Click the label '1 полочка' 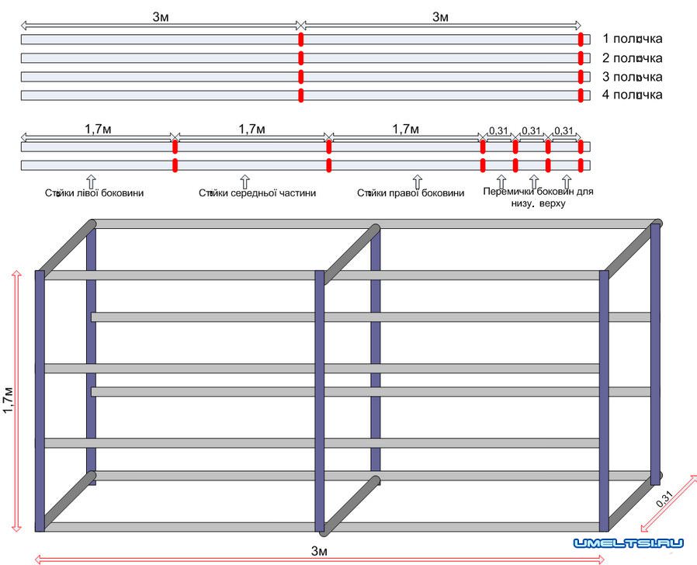632,39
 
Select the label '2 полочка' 632,57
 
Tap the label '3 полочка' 632,76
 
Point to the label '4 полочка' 632,95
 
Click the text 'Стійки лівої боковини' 94,193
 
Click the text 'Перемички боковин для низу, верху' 537,197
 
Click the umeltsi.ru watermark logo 628,544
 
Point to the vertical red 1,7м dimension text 9,401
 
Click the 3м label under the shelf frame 319,551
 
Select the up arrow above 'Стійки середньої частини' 244,180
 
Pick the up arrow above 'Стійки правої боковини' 416,180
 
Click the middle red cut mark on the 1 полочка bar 300,40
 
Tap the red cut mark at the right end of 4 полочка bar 580,95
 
